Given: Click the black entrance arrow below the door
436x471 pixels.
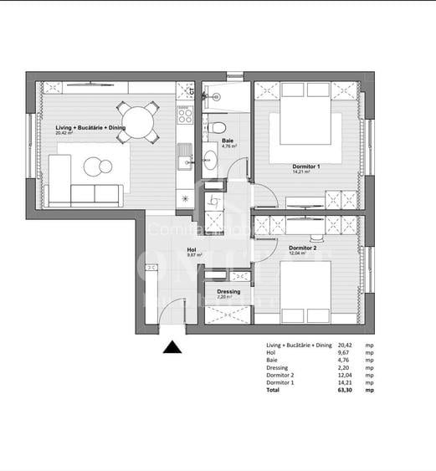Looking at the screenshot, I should (172, 348).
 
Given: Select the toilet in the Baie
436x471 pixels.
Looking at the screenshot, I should (217, 128).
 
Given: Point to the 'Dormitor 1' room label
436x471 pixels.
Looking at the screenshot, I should (306, 167).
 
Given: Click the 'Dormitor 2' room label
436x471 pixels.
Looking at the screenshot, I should (302, 248).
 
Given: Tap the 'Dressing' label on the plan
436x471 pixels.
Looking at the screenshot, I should (228, 292).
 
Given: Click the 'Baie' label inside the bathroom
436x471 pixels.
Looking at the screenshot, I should (227, 141).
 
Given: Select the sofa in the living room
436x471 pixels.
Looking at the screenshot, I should (84, 194).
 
